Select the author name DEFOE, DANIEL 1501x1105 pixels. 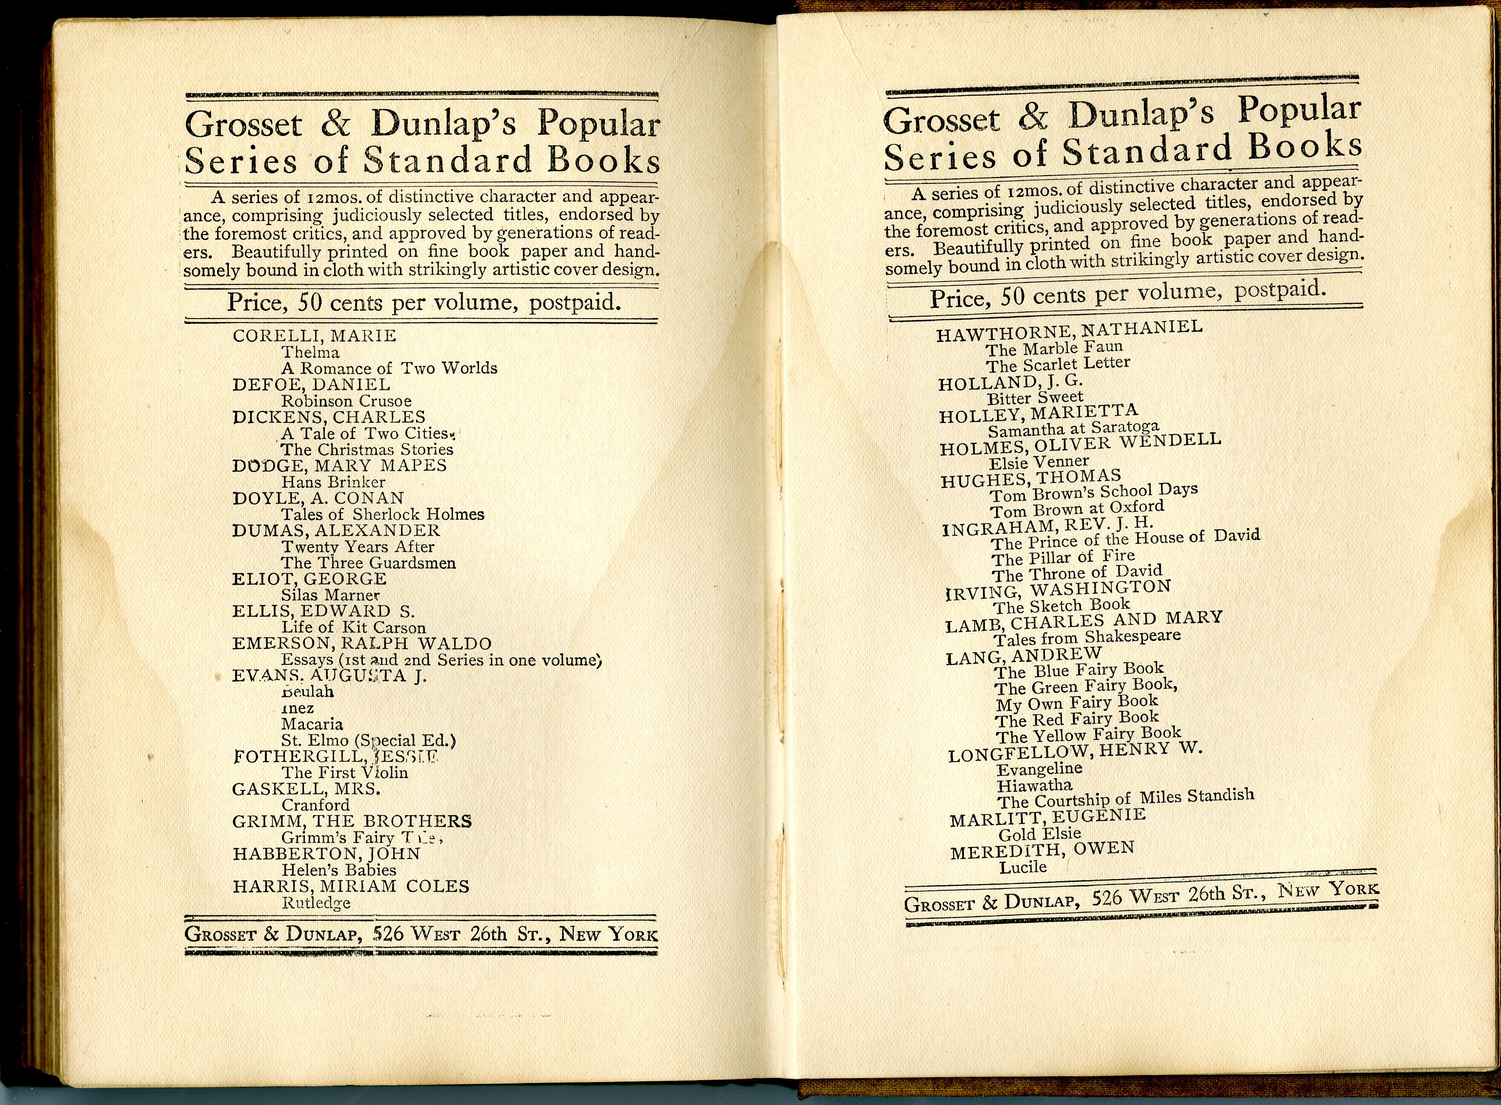coord(311,384)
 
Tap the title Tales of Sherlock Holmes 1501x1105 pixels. coord(382,514)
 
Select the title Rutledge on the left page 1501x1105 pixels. coord(316,903)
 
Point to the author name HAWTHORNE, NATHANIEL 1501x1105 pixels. coord(1069,330)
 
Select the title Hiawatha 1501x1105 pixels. coord(1034,785)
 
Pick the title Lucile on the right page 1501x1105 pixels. coord(1023,867)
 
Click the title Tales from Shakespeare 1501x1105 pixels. coord(1087,638)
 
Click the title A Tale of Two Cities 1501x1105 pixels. coord(364,433)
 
